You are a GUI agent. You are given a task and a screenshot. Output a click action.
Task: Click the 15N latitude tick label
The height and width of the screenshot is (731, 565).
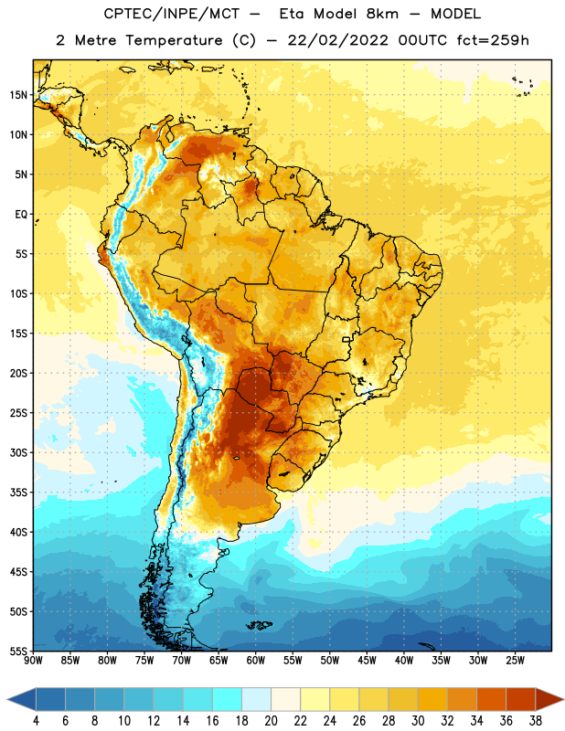18,95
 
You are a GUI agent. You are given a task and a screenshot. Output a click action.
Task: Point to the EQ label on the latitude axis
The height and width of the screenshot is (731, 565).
21,215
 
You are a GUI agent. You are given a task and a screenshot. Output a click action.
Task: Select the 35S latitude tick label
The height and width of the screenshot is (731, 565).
18,493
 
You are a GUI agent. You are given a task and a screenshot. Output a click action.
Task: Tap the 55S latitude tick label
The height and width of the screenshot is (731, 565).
18,651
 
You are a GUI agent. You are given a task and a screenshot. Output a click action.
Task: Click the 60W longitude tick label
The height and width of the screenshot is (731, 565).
256,661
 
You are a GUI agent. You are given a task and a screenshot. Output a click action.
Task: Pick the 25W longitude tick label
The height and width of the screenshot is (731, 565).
515,661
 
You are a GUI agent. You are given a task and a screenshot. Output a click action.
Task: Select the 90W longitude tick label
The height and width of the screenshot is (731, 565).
33,661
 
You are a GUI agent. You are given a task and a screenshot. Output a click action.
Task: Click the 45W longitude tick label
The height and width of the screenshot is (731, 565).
367,661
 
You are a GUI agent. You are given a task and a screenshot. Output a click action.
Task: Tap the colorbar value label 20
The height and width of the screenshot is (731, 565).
271,721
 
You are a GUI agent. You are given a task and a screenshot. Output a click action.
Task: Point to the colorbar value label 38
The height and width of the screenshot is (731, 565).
536,721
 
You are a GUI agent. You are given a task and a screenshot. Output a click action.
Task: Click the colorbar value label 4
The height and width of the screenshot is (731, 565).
36,721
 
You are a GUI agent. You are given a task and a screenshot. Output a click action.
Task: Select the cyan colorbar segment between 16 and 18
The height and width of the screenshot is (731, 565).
228,699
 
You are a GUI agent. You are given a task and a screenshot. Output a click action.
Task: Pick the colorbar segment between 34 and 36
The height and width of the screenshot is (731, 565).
492,699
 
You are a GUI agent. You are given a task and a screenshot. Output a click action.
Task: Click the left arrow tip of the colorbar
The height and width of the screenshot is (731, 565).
7,699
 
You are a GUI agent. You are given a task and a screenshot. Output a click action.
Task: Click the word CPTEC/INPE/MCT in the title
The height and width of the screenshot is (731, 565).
172,14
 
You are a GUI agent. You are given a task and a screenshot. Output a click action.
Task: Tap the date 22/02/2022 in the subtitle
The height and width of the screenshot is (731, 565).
337,40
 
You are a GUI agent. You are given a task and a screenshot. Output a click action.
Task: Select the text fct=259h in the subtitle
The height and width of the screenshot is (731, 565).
493,40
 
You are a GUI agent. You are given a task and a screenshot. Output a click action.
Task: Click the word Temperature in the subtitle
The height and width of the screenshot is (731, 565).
174,41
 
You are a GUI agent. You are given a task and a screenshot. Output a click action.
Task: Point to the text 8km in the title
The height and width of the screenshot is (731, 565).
382,14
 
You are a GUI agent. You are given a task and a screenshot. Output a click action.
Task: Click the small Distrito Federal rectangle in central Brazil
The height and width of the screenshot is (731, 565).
346,339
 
